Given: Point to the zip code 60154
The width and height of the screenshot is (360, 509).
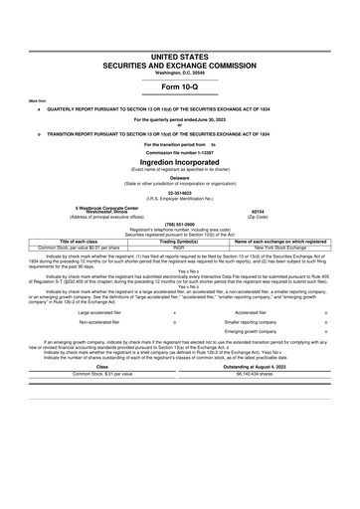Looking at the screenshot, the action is [257, 212].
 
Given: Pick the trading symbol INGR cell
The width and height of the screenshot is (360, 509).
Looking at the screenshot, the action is [180, 247].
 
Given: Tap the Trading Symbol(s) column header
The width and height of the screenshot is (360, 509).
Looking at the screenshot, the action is [180, 241].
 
